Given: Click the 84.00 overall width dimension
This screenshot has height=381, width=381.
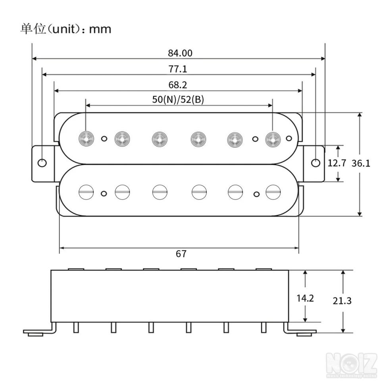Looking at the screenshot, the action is pyautogui.click(x=180, y=53).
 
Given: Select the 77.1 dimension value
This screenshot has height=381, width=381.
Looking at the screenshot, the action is pyautogui.click(x=178, y=69).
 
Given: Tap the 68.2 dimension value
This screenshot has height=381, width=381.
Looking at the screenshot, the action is pyautogui.click(x=178, y=85).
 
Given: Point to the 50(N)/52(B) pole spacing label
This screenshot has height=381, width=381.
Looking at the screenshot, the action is pyautogui.click(x=178, y=99).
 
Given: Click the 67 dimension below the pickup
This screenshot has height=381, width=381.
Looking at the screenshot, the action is pyautogui.click(x=181, y=254).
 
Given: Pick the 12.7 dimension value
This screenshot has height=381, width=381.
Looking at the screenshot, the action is pyautogui.click(x=337, y=163).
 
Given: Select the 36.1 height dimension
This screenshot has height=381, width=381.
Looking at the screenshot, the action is pyautogui.click(x=361, y=163).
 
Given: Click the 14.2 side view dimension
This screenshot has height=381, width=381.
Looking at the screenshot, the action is pyautogui.click(x=305, y=298).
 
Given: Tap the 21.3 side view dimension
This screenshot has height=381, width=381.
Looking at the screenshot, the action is pyautogui.click(x=342, y=301).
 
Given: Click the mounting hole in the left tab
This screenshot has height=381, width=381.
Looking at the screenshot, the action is pyautogui.click(x=42, y=163).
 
